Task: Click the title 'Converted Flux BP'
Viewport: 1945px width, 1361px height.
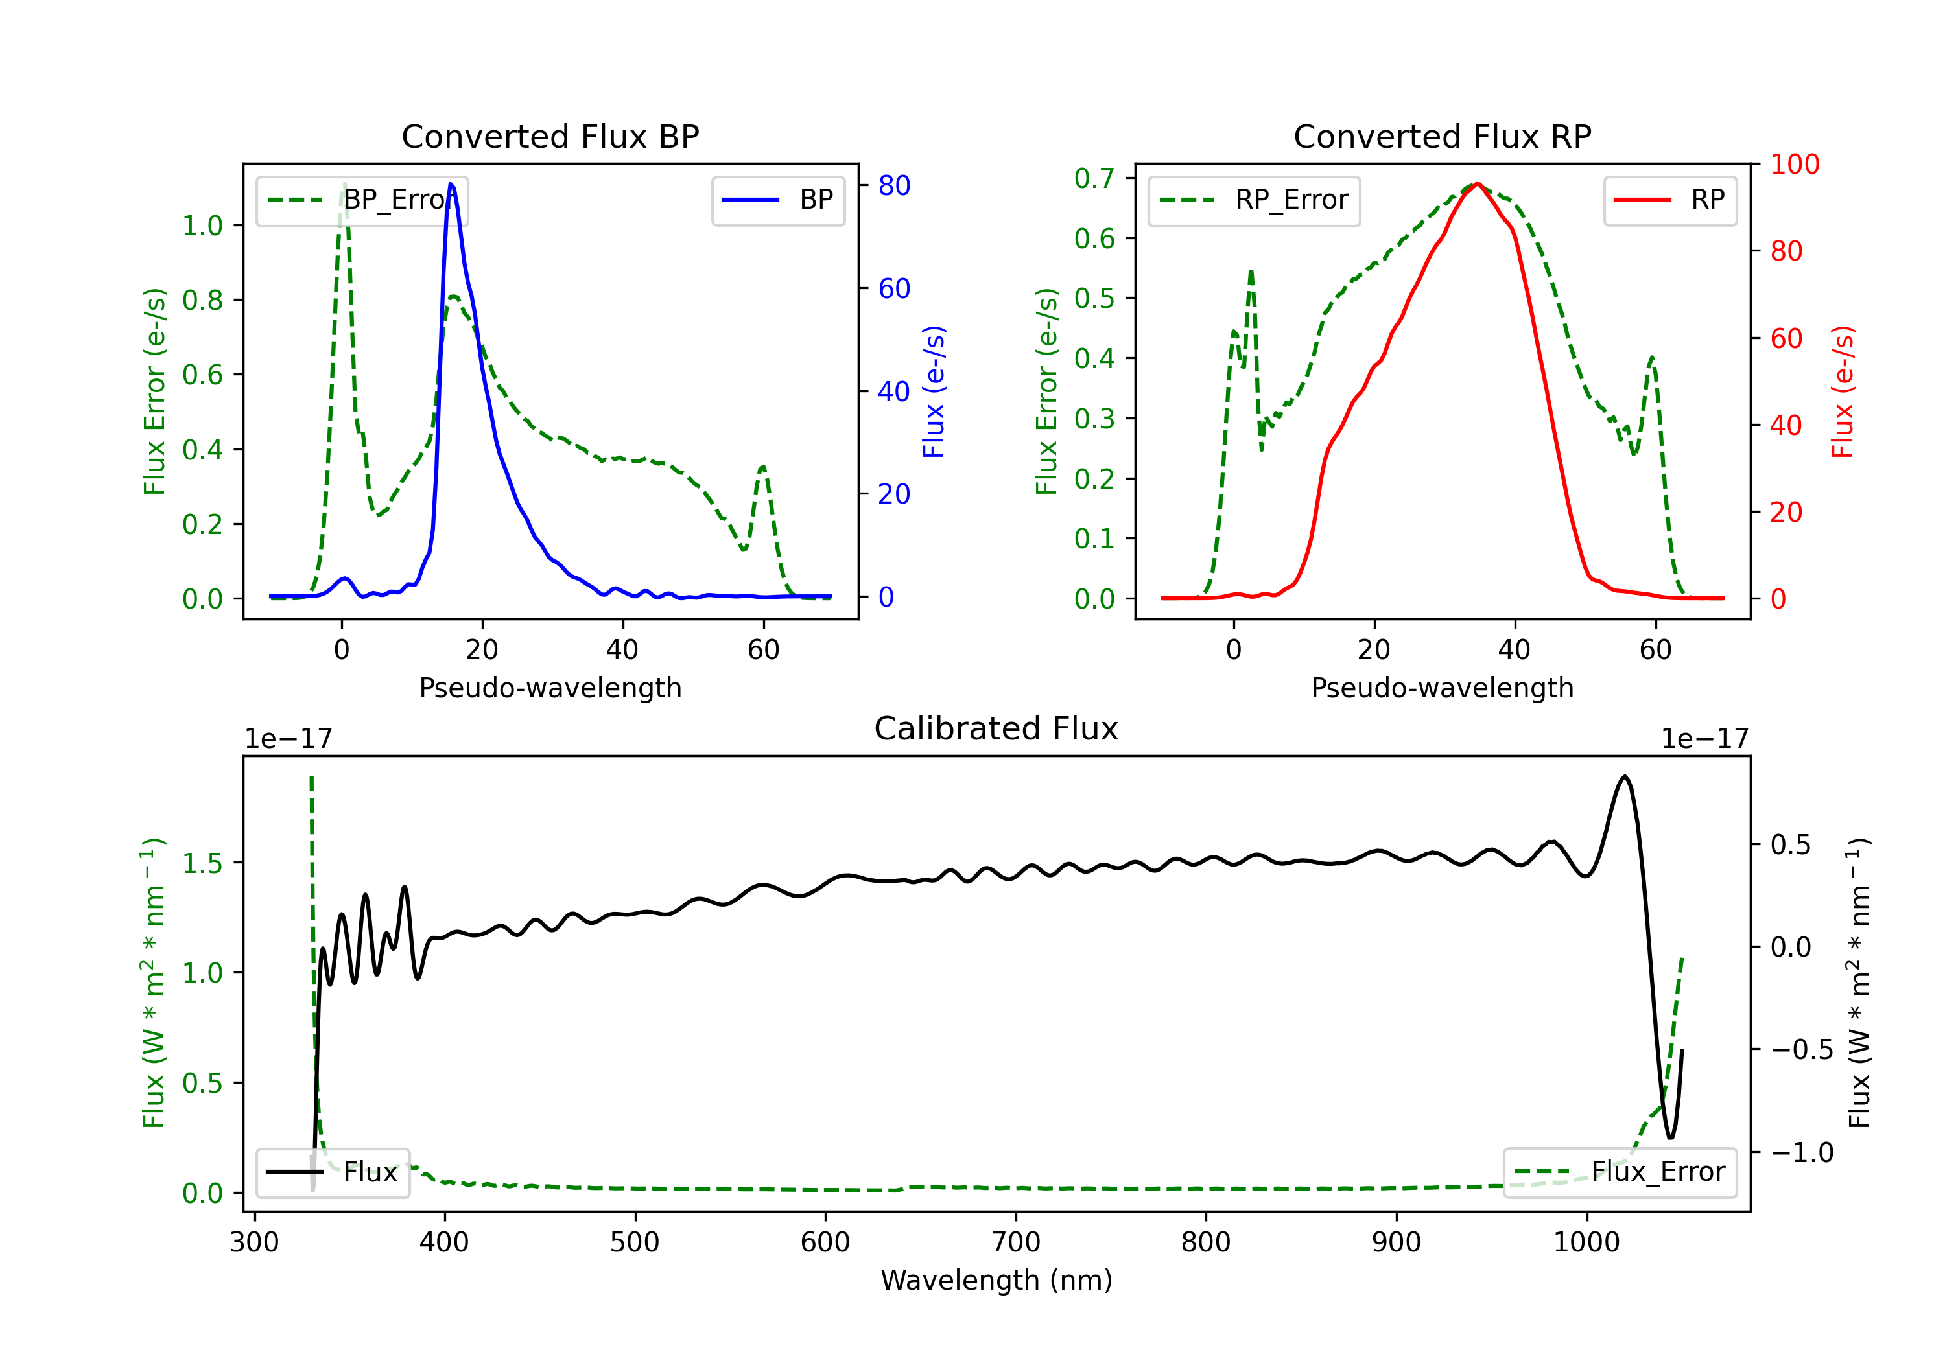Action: (x=550, y=136)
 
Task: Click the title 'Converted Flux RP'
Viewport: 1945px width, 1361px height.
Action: (x=1442, y=136)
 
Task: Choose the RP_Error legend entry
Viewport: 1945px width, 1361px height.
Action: (x=1254, y=200)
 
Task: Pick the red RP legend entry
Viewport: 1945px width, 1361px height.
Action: (x=1669, y=200)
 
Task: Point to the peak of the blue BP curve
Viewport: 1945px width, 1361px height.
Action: (x=451, y=184)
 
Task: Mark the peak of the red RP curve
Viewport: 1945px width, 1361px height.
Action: (x=1476, y=184)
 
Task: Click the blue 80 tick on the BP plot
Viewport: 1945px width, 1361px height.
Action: (x=893, y=185)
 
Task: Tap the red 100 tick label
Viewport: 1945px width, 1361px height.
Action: (x=1794, y=165)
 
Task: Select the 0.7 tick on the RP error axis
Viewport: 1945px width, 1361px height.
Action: (x=1094, y=178)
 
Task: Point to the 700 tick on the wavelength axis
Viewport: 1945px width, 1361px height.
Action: (x=1016, y=1242)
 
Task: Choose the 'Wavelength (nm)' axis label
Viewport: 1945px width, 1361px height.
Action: (x=996, y=1280)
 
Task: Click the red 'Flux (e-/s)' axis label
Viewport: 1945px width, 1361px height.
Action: (x=1843, y=391)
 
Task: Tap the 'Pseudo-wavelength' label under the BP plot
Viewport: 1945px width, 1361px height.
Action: (x=550, y=688)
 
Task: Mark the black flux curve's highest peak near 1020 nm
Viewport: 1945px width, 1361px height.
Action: (x=1624, y=776)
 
